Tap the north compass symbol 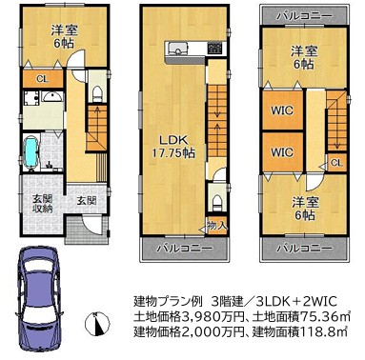(97, 324)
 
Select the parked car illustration (39, 296)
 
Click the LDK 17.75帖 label (173, 146)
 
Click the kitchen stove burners (214, 48)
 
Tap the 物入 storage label (217, 226)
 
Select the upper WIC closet (282, 110)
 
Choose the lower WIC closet (282, 151)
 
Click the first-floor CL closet (43, 79)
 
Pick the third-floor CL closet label (336, 163)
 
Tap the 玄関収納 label (43, 204)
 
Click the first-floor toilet (96, 94)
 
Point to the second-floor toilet (217, 203)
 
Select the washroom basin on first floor (52, 96)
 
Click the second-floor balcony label (184, 249)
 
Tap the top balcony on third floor (303, 16)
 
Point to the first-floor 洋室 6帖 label (64, 37)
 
